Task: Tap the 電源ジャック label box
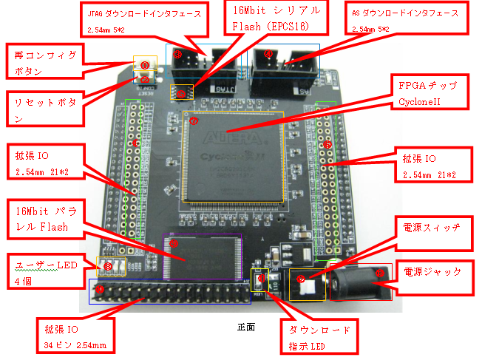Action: [x=432, y=272]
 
